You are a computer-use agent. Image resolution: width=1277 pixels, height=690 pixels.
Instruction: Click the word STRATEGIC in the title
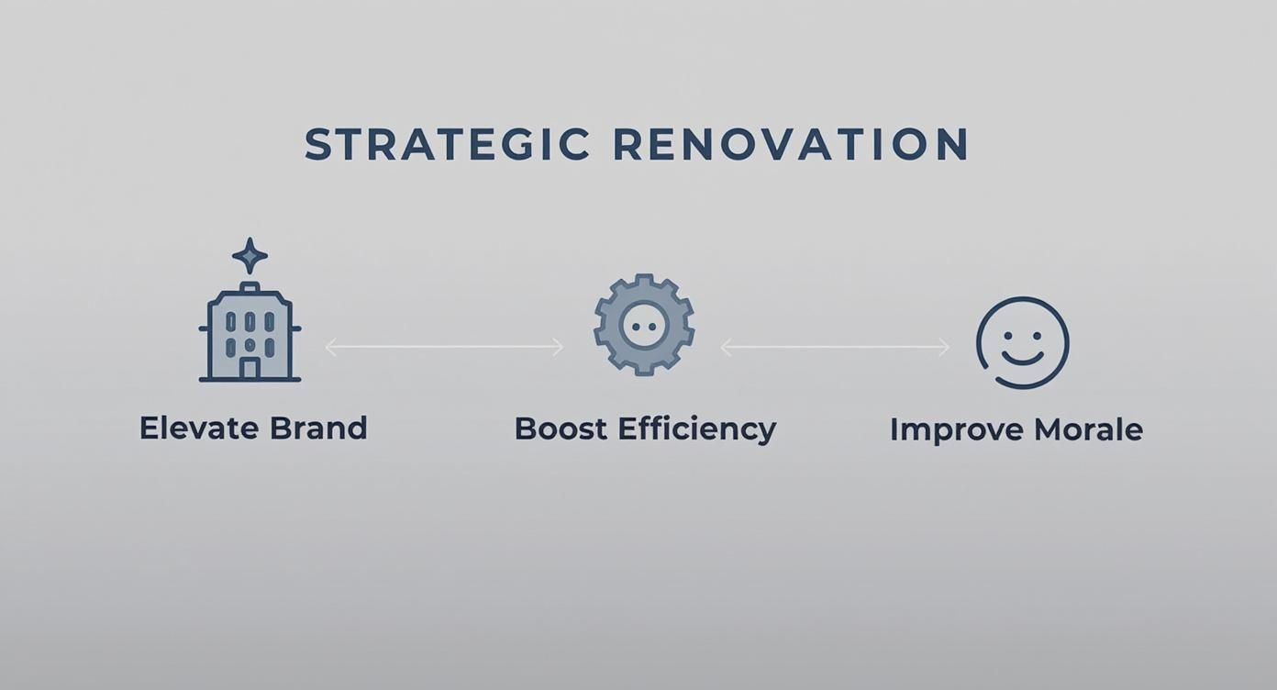[447, 145]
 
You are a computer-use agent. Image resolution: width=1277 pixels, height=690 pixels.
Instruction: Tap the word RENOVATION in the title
[791, 145]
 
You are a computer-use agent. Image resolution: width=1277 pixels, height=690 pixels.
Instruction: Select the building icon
[250, 332]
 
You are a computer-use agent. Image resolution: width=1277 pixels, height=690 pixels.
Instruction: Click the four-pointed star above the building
[250, 256]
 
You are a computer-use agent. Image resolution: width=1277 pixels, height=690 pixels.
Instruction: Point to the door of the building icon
[250, 368]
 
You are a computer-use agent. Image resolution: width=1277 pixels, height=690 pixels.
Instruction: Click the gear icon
[643, 325]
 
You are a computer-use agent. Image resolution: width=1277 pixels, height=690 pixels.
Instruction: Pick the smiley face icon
[1022, 342]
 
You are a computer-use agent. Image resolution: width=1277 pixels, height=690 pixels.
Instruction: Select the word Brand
[318, 428]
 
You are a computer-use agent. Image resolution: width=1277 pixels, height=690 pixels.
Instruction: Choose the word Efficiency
[696, 429]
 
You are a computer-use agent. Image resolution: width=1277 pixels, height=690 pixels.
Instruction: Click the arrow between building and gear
[444, 347]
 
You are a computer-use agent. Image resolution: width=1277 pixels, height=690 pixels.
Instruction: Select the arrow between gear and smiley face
[835, 347]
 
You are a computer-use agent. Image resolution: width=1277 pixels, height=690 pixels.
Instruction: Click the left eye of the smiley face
[1007, 333]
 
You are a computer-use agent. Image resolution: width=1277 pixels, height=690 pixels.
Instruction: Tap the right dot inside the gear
[653, 326]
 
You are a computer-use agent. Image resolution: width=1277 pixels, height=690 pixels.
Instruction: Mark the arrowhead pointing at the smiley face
[945, 347]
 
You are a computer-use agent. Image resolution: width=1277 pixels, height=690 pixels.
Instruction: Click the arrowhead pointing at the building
[330, 347]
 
